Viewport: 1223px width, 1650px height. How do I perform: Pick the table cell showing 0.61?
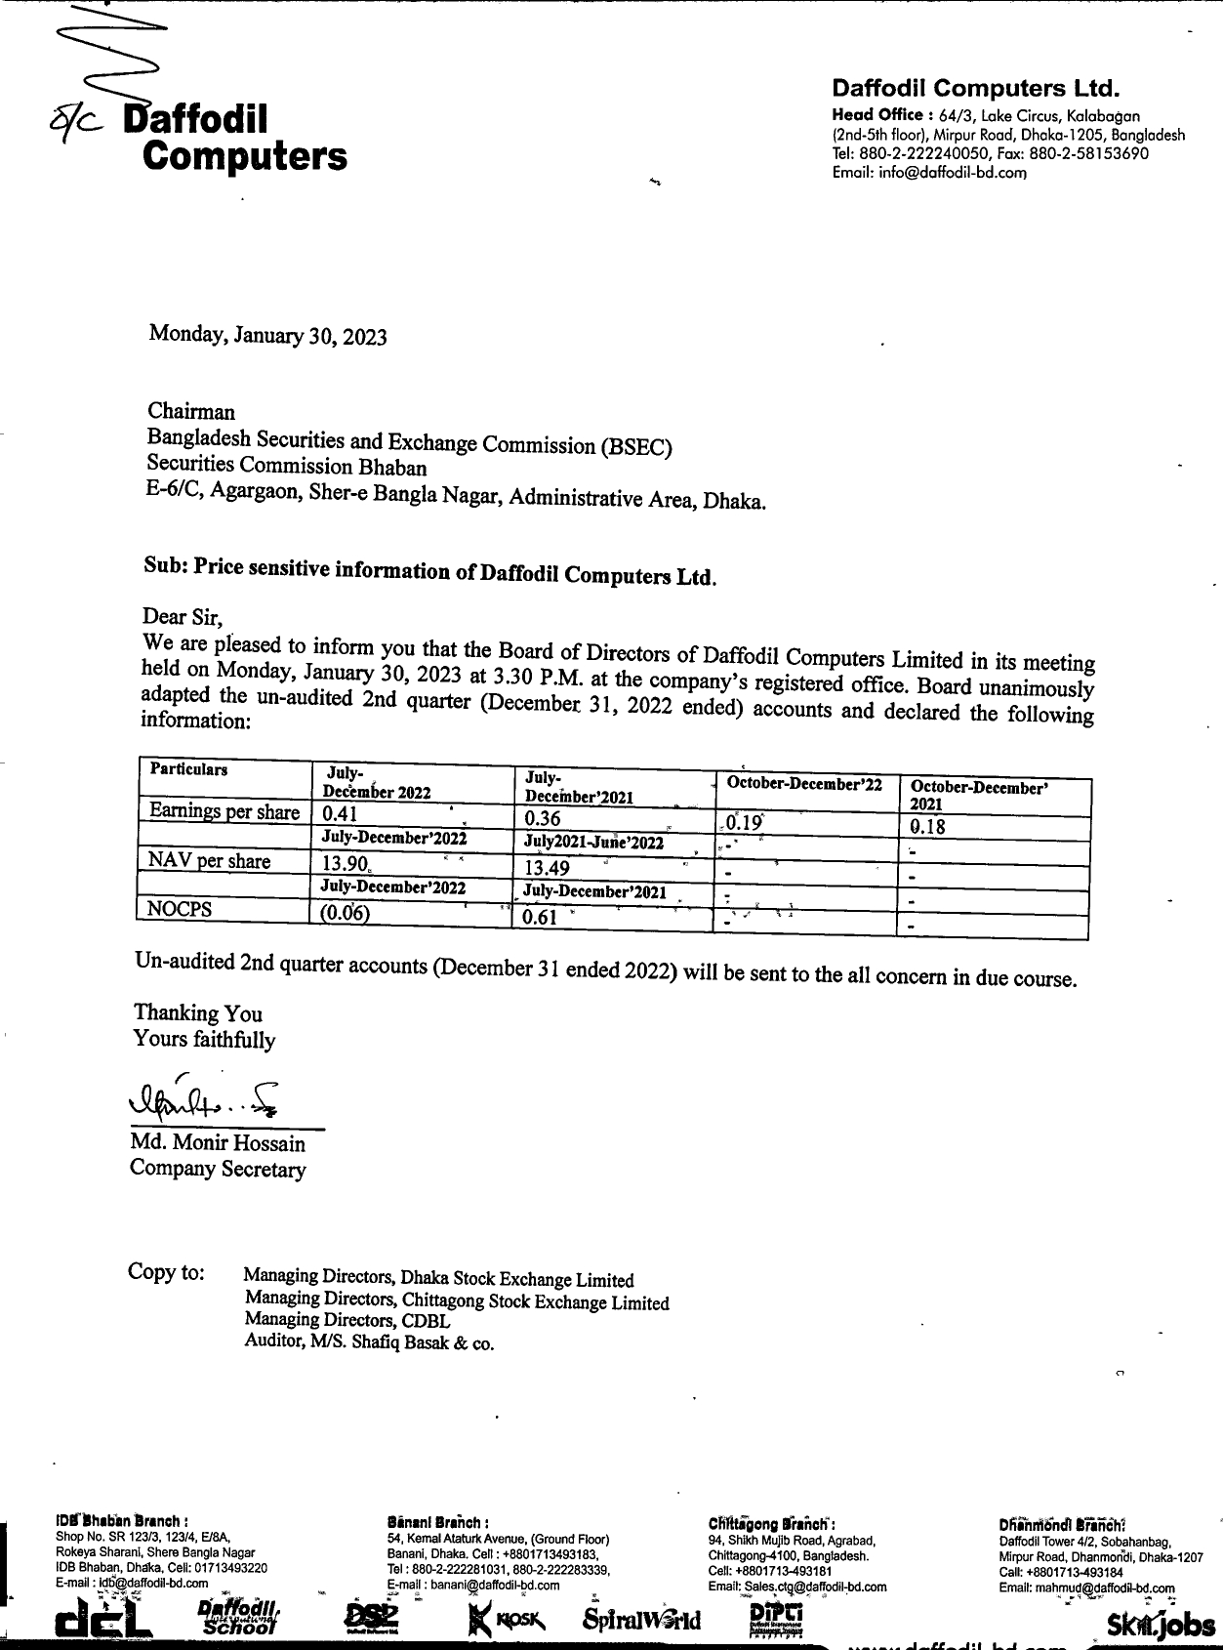(540, 917)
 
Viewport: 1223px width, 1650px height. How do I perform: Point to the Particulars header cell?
(188, 769)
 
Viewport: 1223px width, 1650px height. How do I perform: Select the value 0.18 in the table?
(927, 827)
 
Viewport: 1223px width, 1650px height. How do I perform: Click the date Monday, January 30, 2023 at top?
(267, 335)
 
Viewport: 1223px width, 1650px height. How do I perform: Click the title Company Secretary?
(218, 1169)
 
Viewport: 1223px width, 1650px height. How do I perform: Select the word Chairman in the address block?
(191, 411)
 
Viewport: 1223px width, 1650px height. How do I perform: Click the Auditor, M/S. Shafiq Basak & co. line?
(369, 1342)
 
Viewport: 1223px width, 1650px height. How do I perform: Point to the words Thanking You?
(198, 1012)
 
